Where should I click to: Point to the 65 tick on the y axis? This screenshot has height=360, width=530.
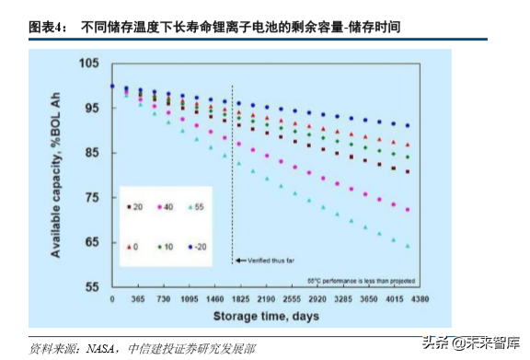click(x=90, y=242)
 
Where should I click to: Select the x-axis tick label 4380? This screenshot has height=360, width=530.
click(x=420, y=300)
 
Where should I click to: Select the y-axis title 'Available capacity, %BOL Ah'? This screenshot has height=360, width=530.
click(x=57, y=175)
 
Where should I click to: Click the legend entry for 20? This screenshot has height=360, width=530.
click(x=133, y=208)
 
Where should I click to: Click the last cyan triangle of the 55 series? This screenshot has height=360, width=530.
click(x=408, y=246)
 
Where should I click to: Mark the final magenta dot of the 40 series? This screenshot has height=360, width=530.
click(x=408, y=210)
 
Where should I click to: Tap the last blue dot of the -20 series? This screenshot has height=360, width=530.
click(x=408, y=125)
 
